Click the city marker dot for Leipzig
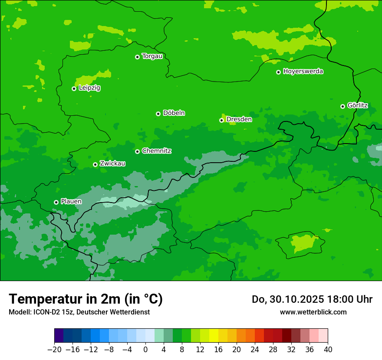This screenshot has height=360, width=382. pyautogui.click(x=74, y=88)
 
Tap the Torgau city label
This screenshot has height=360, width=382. pyautogui.click(x=152, y=56)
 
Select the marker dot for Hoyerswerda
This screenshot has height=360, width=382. pyautogui.click(x=278, y=72)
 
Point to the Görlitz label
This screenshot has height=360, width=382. pyautogui.click(x=358, y=105)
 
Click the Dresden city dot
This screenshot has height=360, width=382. pyautogui.click(x=221, y=120)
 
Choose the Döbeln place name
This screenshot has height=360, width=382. pyautogui.click(x=174, y=113)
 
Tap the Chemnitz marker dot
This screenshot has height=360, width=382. pyautogui.click(x=137, y=151)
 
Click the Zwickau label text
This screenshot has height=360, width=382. pyautogui.click(x=112, y=164)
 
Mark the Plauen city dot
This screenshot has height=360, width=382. pyautogui.click(x=56, y=202)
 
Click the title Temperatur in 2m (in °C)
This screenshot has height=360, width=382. pyautogui.click(x=86, y=299)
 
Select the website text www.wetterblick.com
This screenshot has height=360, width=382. pyautogui.click(x=313, y=312)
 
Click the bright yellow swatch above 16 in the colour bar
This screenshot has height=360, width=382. pyautogui.click(x=214, y=336)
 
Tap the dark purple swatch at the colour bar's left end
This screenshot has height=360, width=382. pyautogui.click(x=59, y=336)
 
